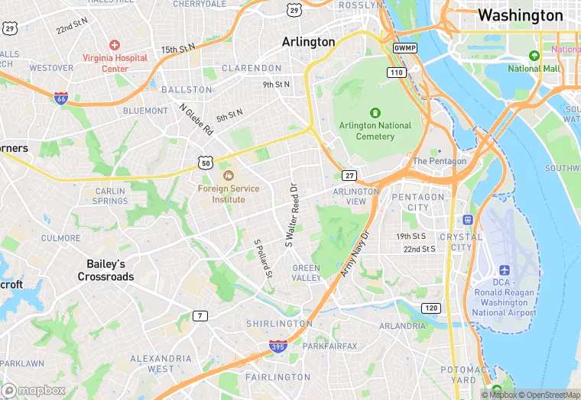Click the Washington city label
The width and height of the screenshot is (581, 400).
click(x=520, y=15)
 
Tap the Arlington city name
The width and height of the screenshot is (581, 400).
click(x=308, y=41)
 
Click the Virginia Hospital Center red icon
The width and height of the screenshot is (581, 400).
click(x=115, y=46)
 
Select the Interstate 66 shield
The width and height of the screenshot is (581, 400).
click(x=61, y=98)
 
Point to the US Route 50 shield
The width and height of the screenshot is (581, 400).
click(x=204, y=163)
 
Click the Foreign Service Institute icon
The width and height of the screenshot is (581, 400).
click(x=228, y=176)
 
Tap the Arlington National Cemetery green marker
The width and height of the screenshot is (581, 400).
click(x=375, y=112)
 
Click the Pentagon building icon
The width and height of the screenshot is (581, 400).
click(x=439, y=150)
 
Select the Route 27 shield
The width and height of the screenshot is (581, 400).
click(x=349, y=176)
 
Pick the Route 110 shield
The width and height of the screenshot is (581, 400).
click(x=396, y=73)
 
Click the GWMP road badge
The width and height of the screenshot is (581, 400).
click(x=404, y=47)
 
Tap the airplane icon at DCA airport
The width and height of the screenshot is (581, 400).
click(x=505, y=270)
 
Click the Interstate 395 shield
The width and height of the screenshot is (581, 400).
click(x=278, y=347)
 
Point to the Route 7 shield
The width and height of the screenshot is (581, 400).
click(x=200, y=315)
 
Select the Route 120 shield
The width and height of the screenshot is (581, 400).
click(x=431, y=308)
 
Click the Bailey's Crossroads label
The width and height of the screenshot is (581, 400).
click(x=105, y=270)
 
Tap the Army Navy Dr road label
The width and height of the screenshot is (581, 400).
click(x=355, y=253)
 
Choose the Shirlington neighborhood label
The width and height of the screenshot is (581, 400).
click(x=279, y=324)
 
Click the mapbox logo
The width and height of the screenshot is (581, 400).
click(x=34, y=390)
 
